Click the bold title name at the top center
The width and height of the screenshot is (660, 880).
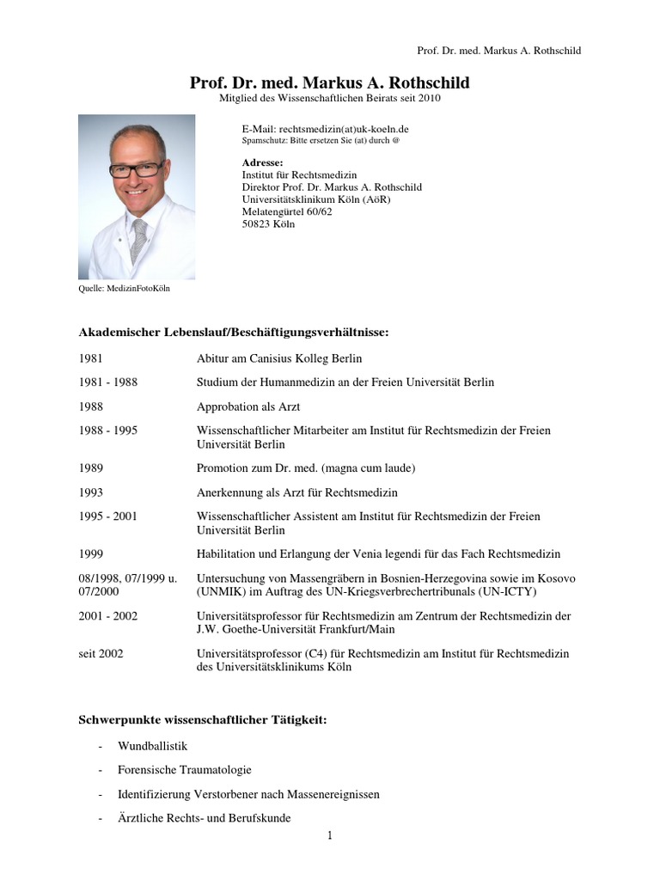click(x=330, y=82)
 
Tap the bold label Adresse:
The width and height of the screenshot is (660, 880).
click(x=262, y=162)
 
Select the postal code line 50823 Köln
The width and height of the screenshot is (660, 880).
click(x=268, y=223)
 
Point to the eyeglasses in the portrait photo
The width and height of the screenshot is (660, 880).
click(x=136, y=168)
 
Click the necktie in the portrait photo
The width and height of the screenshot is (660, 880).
click(x=137, y=241)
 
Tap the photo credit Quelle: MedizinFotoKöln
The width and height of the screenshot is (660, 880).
click(x=124, y=289)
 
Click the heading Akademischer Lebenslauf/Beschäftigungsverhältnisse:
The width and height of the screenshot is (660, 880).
click(x=234, y=332)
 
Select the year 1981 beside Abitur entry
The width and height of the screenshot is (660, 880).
click(x=90, y=357)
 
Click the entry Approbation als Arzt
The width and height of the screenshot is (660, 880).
click(x=248, y=406)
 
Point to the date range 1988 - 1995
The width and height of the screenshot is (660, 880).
click(x=107, y=431)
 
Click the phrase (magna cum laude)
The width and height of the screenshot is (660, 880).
click(x=365, y=468)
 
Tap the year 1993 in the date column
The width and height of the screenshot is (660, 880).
click(x=90, y=492)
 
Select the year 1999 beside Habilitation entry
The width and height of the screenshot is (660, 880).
click(x=90, y=554)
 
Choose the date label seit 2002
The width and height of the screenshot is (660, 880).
click(x=101, y=654)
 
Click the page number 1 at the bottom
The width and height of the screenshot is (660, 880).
click(x=329, y=835)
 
